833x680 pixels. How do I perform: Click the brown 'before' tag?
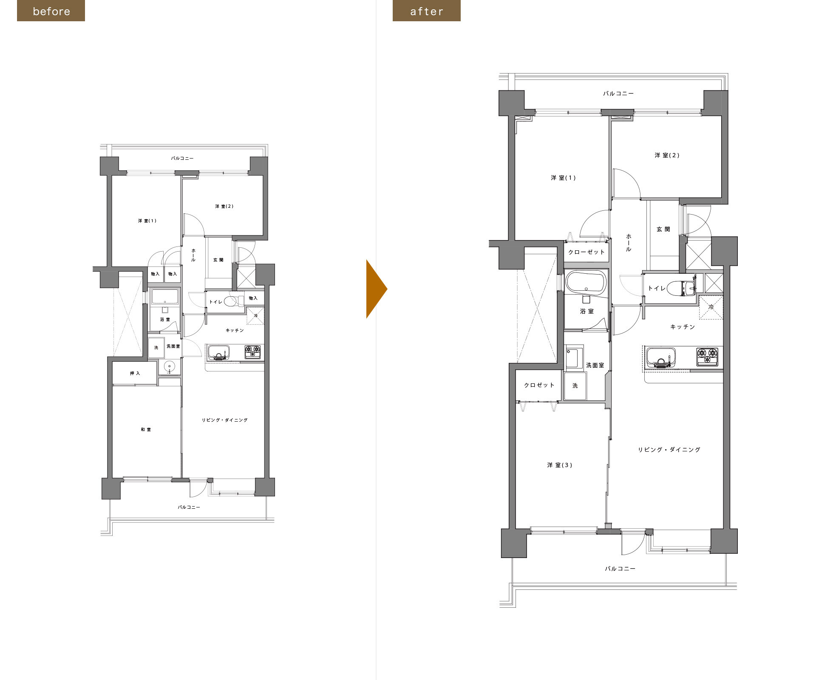pyautogui.click(x=51, y=11)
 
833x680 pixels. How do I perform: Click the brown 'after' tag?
pyautogui.click(x=427, y=11)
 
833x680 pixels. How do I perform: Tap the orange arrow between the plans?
pyautogui.click(x=377, y=289)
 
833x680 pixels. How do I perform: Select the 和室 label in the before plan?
pyautogui.click(x=146, y=430)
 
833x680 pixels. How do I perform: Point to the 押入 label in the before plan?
pyautogui.click(x=135, y=373)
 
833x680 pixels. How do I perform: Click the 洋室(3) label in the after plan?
pyautogui.click(x=560, y=465)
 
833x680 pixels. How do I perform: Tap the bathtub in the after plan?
pyautogui.click(x=585, y=282)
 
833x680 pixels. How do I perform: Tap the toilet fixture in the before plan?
pyautogui.click(x=234, y=301)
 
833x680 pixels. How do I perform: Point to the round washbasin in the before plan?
pyautogui.click(x=170, y=366)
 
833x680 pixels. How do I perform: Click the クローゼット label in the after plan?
pyautogui.click(x=586, y=252)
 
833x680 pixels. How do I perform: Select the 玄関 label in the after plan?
pyautogui.click(x=663, y=229)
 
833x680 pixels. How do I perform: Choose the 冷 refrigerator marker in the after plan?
pyautogui.click(x=711, y=307)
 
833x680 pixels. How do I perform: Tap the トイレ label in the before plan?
pyautogui.click(x=215, y=302)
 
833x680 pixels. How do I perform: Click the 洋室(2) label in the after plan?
pyautogui.click(x=667, y=155)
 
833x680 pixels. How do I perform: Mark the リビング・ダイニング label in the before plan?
pyautogui.click(x=224, y=420)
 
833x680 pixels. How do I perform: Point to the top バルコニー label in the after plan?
pyautogui.click(x=618, y=93)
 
